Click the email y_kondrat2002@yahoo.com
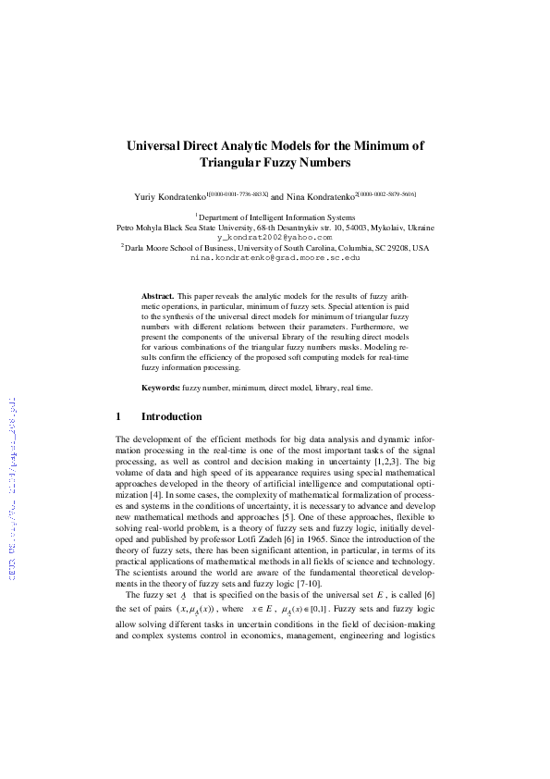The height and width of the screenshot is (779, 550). pyautogui.click(x=275, y=237)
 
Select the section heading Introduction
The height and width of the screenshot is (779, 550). pyautogui.click(x=171, y=417)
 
